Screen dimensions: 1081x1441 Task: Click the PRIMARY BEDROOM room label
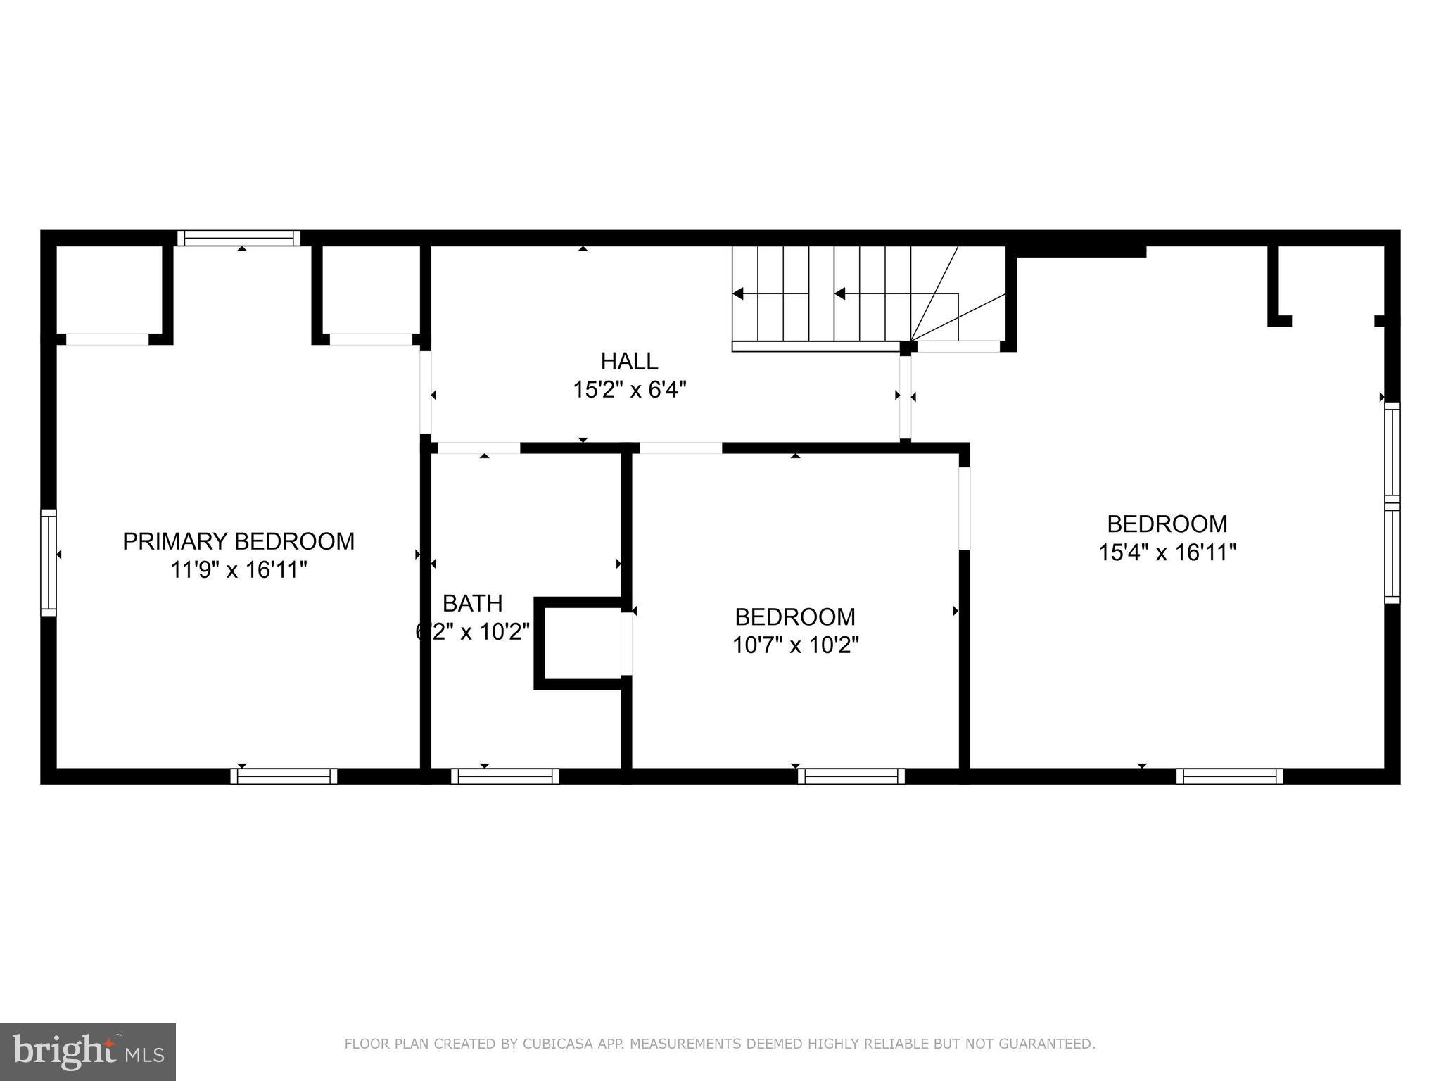(x=239, y=541)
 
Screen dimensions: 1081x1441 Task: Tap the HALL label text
(x=629, y=361)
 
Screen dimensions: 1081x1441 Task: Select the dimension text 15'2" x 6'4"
(x=629, y=389)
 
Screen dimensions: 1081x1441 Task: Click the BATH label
(x=472, y=603)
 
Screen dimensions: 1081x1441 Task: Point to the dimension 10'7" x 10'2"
(x=795, y=645)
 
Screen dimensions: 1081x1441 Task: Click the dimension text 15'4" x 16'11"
(x=1167, y=552)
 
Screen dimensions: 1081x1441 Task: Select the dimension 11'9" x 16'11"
(x=239, y=569)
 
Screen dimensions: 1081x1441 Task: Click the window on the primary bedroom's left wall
(x=48, y=562)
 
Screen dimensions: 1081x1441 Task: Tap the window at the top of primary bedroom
(x=239, y=238)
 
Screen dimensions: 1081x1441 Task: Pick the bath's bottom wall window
(x=505, y=776)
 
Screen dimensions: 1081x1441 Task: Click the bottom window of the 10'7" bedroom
(x=851, y=776)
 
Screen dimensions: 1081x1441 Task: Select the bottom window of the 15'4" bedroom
(x=1229, y=776)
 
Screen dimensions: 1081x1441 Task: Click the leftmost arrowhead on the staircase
(x=738, y=293)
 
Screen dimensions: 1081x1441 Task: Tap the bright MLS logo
(x=88, y=1051)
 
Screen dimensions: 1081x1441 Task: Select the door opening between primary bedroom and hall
(x=426, y=392)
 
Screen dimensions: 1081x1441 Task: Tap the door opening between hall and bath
(x=478, y=448)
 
